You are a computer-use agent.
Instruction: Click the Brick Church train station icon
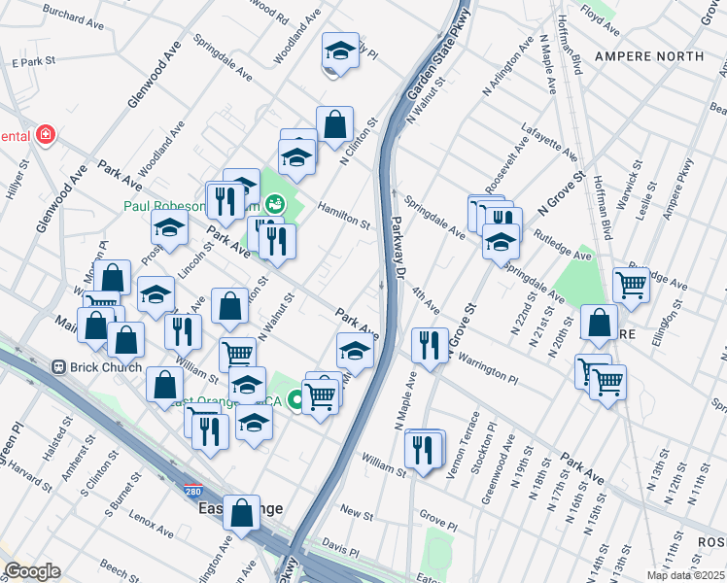tap(58, 368)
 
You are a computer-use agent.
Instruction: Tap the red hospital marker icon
tap(44, 136)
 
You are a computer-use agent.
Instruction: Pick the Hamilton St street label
tap(344, 217)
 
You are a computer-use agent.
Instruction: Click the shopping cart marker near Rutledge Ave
tap(631, 285)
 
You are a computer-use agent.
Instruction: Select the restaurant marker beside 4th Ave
tap(429, 345)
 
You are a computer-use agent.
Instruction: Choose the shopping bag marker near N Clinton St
tap(334, 124)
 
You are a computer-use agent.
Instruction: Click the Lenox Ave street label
tap(152, 531)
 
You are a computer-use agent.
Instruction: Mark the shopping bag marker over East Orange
tap(241, 511)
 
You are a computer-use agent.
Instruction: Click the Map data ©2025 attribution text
tap(684, 575)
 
